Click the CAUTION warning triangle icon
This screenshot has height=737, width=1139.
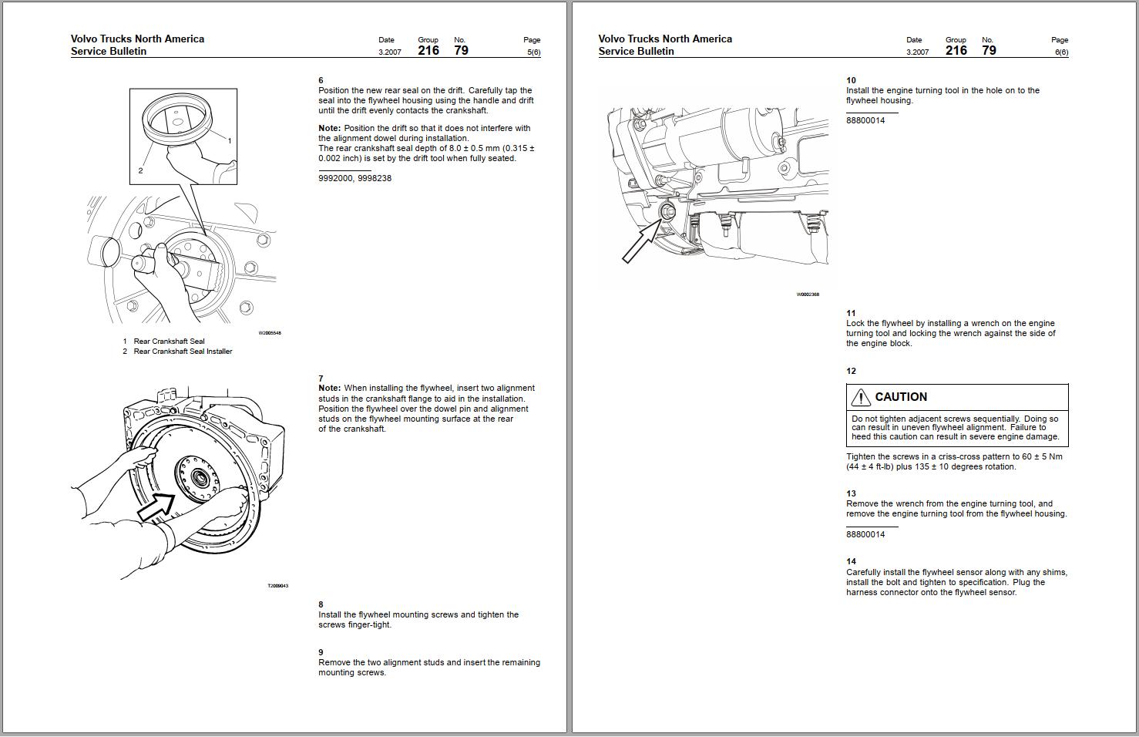click(x=861, y=397)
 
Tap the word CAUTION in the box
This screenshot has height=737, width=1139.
click(x=901, y=397)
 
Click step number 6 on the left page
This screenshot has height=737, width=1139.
click(x=321, y=80)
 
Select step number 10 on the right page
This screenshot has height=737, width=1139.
click(x=851, y=80)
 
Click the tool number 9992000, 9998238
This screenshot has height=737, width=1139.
click(x=354, y=178)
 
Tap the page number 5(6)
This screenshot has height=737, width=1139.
click(x=533, y=52)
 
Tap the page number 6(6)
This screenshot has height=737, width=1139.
click(x=1061, y=52)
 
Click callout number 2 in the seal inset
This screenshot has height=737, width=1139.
click(x=140, y=170)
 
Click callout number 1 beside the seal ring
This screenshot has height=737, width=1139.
click(x=230, y=140)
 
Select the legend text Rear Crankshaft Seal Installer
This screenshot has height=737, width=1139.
click(x=183, y=352)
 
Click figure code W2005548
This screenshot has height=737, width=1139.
click(x=270, y=333)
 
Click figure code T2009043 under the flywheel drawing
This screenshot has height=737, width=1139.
click(x=277, y=586)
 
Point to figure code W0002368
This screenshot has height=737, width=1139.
click(x=808, y=294)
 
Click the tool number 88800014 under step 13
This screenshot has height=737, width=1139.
click(x=865, y=534)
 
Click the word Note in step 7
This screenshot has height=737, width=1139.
click(x=329, y=389)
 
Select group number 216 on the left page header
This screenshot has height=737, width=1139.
click(x=428, y=51)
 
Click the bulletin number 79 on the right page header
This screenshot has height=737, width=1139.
click(x=989, y=51)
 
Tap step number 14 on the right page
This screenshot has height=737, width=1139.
click(x=851, y=561)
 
